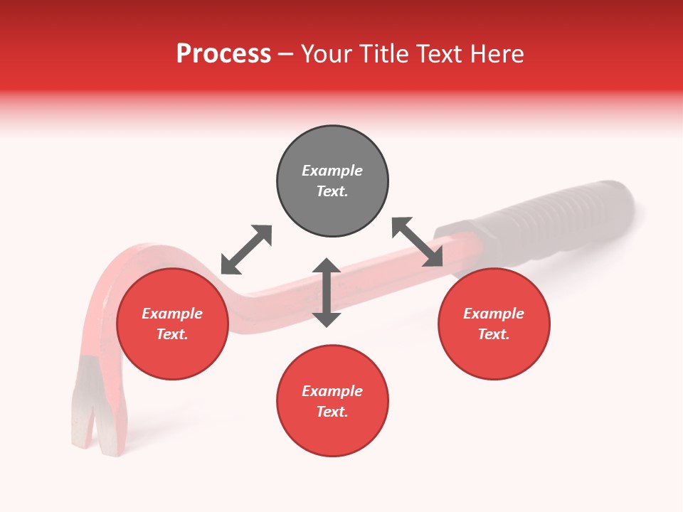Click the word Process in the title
pyautogui.click(x=223, y=54)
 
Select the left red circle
pyautogui.click(x=172, y=356)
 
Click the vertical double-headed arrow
pyautogui.click(x=327, y=292)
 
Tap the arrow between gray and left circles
pyautogui.click(x=246, y=250)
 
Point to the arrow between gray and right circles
pyautogui.click(x=418, y=242)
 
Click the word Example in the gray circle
pyautogui.click(x=332, y=171)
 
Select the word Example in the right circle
pyautogui.click(x=494, y=314)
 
